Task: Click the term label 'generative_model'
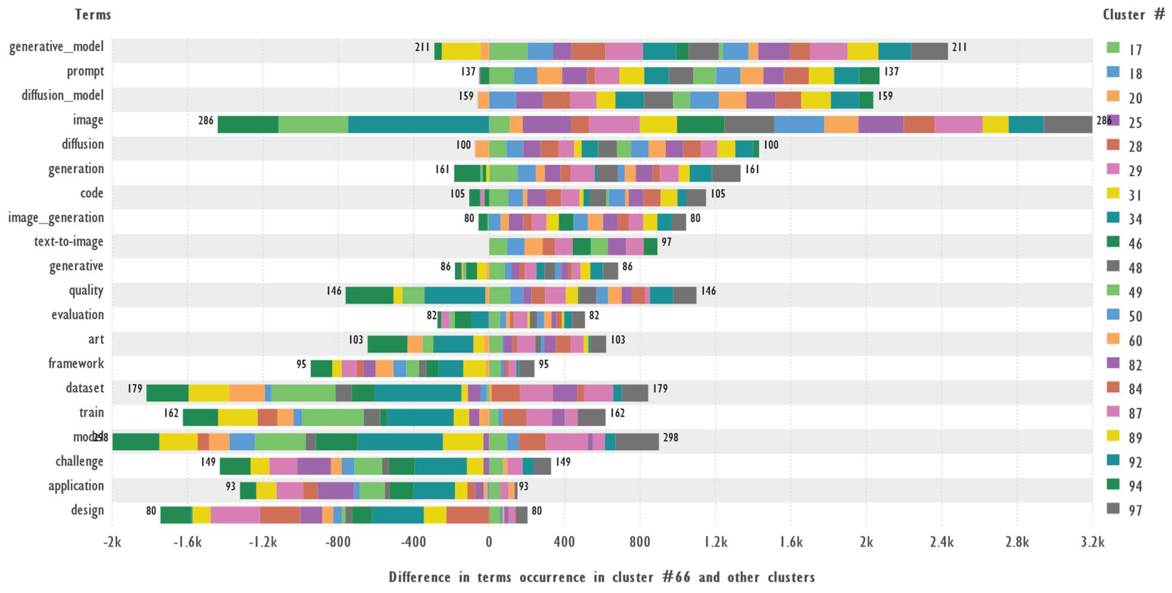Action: pyautogui.click(x=56, y=47)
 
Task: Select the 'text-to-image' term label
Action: pyautogui.click(x=69, y=242)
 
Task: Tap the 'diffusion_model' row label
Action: pyautogui.click(x=62, y=96)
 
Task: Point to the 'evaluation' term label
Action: pyautogui.click(x=77, y=315)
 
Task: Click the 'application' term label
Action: pyautogui.click(x=76, y=486)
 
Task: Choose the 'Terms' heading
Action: pyautogui.click(x=93, y=15)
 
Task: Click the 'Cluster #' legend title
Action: pyautogui.click(x=1133, y=15)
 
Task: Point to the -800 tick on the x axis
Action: pyautogui.click(x=338, y=542)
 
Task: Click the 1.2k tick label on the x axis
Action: pyautogui.click(x=715, y=542)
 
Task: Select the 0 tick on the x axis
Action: pyautogui.click(x=489, y=542)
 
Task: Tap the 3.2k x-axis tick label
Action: pyautogui.click(x=1092, y=542)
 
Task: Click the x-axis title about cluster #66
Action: pyautogui.click(x=602, y=577)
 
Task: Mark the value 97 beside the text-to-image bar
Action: pyautogui.click(x=666, y=242)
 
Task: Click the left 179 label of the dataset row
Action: pyautogui.click(x=135, y=389)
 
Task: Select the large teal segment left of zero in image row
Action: pyautogui.click(x=418, y=124)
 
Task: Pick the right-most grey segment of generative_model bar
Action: pyautogui.click(x=929, y=51)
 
